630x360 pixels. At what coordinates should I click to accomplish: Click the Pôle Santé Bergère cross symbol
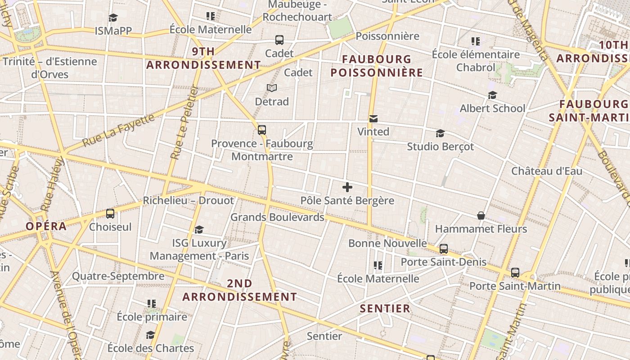(347, 187)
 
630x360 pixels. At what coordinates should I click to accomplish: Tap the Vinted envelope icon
(373, 119)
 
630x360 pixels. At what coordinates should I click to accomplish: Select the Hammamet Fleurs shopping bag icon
(481, 216)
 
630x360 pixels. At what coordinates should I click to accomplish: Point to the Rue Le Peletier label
(184, 122)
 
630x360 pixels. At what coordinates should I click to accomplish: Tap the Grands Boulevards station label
(277, 217)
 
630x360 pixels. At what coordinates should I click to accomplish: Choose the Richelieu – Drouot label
(189, 201)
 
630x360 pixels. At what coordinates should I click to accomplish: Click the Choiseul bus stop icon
(110, 214)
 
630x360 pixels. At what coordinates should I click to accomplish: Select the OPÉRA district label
(46, 226)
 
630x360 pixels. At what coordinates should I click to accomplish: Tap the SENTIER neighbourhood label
(385, 309)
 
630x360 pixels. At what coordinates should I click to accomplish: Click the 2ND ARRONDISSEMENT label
(239, 290)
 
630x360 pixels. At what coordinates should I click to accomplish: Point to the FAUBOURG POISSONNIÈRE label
(377, 66)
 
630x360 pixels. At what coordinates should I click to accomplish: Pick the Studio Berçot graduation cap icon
(440, 134)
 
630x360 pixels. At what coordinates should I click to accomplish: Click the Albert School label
(492, 108)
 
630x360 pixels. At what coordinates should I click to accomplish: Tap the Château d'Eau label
(547, 171)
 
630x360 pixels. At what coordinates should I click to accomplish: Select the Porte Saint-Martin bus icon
(515, 273)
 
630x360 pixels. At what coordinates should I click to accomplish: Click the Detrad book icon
(272, 88)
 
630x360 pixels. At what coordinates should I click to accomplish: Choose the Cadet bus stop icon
(279, 40)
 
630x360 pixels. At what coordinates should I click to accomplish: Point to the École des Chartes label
(151, 348)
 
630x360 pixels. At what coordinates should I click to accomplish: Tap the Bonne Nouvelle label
(387, 243)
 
